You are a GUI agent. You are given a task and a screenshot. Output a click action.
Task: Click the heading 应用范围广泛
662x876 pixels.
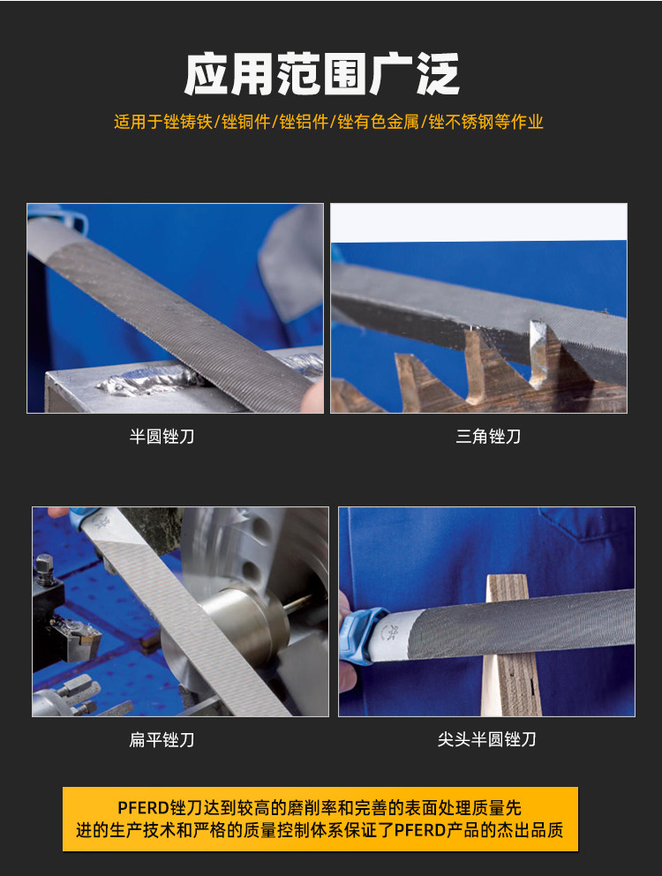coord(321,74)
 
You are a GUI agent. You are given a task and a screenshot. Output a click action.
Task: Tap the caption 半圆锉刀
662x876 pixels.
coord(162,437)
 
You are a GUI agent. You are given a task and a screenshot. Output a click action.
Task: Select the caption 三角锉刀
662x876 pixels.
coord(488,437)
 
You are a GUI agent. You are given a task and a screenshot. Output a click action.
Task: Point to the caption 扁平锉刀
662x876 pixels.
coord(162,739)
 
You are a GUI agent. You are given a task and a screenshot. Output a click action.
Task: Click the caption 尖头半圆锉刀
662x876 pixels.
coord(487,739)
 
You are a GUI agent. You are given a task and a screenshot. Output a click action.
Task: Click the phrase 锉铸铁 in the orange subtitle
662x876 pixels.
coord(188,122)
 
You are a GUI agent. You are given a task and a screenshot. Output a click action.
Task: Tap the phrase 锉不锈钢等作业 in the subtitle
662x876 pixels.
coord(485,122)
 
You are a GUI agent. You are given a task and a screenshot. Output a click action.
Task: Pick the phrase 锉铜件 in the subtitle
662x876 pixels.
coord(246,122)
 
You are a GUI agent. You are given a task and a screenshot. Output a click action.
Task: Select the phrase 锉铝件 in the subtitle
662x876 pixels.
coord(305,122)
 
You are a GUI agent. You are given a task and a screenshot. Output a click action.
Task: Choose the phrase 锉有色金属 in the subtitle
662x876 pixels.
coord(379,122)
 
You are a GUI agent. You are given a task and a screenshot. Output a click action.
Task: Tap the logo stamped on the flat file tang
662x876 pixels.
coord(102,523)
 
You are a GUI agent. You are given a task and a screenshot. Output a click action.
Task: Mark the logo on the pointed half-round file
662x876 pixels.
coord(391,633)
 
